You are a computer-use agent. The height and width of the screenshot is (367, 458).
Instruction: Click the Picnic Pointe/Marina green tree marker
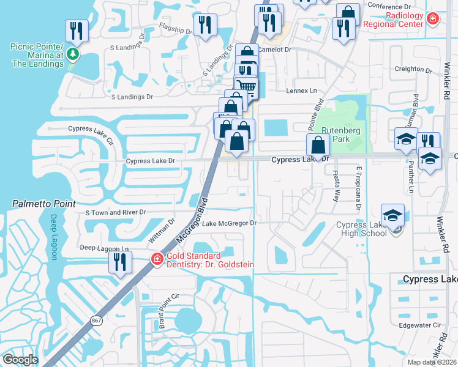coord(73,54)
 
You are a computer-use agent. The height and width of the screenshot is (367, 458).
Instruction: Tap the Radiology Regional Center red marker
coord(433,19)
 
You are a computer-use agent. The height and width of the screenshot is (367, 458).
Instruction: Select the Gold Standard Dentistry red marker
coord(157,260)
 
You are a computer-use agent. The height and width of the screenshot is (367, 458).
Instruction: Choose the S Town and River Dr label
coord(116,212)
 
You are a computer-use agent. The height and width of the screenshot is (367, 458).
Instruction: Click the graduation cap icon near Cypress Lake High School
coord(392,215)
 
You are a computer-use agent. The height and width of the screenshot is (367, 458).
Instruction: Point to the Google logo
coord(20,359)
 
